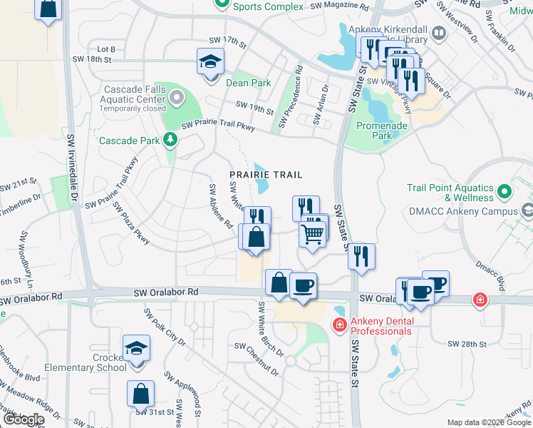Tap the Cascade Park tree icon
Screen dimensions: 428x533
[x=170, y=140]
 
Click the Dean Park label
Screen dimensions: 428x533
[x=248, y=83]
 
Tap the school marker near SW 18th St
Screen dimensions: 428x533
[x=211, y=61]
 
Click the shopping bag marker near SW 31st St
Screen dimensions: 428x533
[x=141, y=393]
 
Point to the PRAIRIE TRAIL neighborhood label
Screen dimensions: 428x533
[x=266, y=174]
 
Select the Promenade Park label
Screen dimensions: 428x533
[x=382, y=131]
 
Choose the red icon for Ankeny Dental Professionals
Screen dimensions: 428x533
[x=340, y=325]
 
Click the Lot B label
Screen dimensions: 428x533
[x=106, y=49]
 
